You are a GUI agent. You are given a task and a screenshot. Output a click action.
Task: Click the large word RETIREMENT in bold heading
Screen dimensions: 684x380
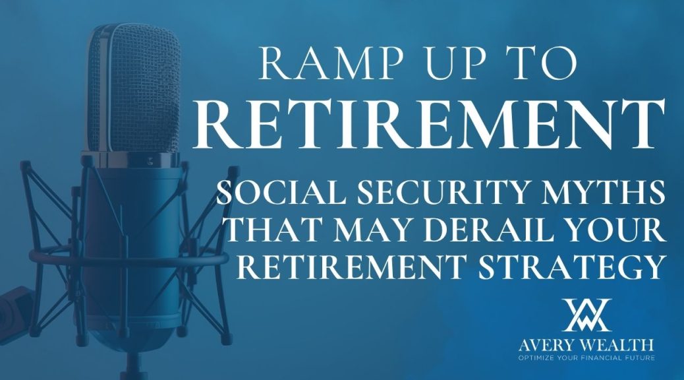coord(429,125)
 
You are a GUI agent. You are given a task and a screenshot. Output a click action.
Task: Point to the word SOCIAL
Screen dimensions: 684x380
coord(281,192)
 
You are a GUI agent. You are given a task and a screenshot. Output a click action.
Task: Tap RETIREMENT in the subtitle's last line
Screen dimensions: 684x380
coord(352,267)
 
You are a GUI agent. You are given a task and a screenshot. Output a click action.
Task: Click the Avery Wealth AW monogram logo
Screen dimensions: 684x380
coord(586,315)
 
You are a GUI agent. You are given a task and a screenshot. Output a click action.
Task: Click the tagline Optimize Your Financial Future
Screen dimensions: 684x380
coord(586,358)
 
